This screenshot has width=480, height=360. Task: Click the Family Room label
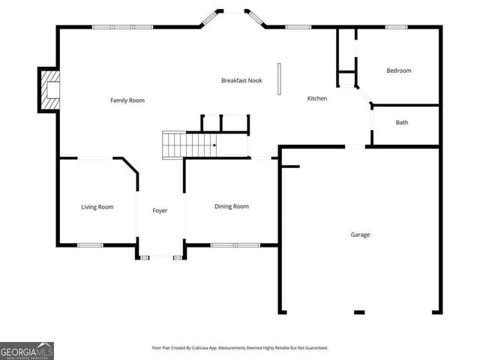point(127,100)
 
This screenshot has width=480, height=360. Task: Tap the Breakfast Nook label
point(241,80)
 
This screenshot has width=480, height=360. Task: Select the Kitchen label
point(317,98)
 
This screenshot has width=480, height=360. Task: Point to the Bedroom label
point(399,70)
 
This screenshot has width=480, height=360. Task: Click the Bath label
point(402,122)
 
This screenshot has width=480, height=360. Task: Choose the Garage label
point(360,235)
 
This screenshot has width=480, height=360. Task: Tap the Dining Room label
point(232,206)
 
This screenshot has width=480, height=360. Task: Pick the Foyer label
point(160,211)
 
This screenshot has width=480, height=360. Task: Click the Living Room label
point(97,207)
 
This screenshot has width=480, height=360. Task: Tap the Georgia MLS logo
point(27,350)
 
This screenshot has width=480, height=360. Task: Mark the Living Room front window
point(91,244)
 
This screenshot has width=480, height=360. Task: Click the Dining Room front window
point(235,244)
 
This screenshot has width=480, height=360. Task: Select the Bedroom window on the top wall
point(396,27)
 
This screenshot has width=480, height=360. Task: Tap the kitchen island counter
point(279,79)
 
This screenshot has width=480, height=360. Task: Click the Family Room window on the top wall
point(122,27)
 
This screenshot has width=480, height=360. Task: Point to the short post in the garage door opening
point(359,312)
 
